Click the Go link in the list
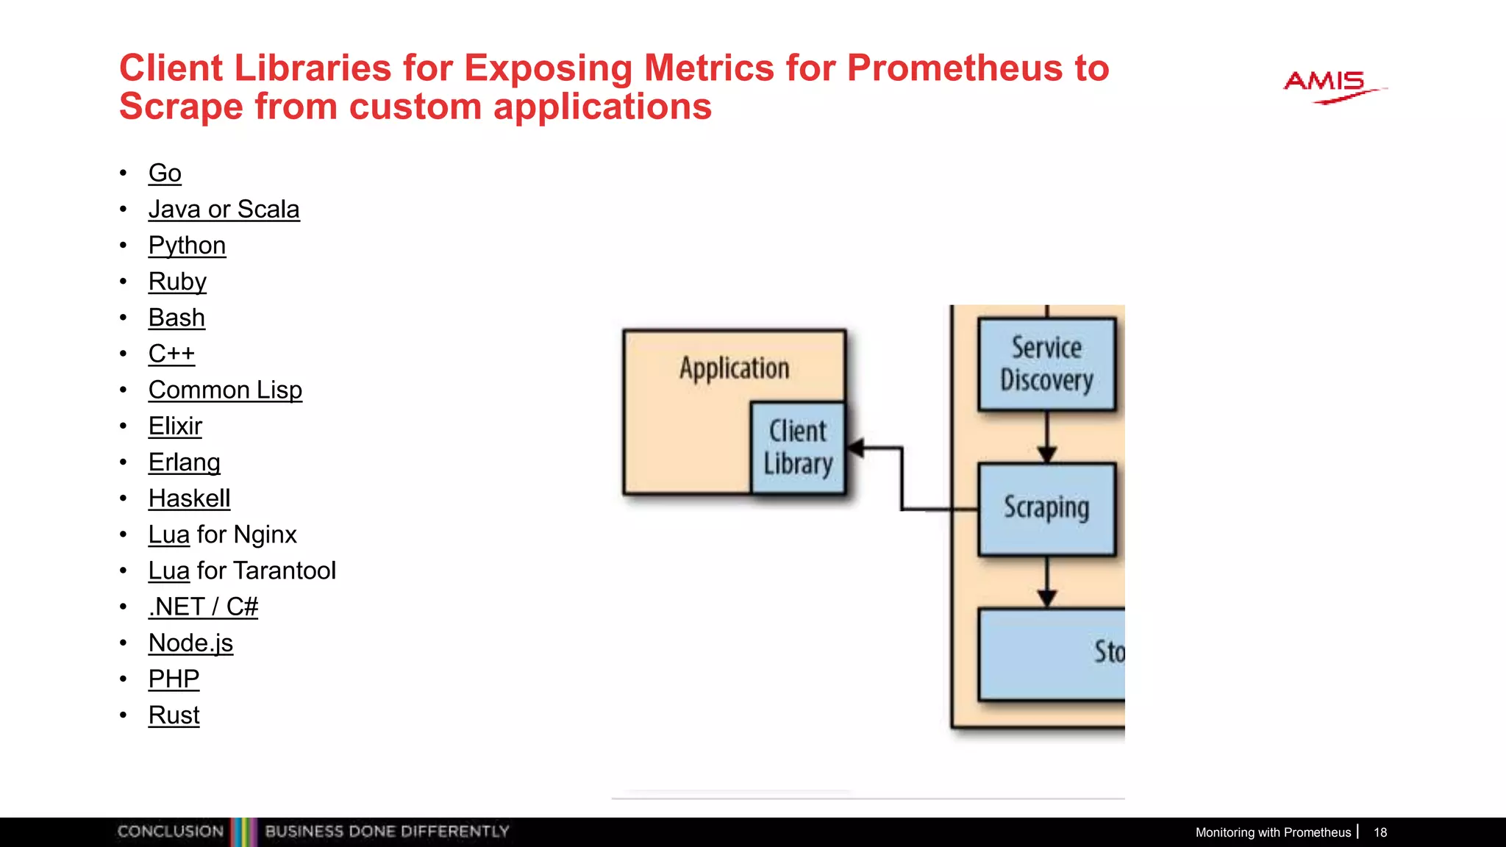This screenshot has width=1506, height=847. [x=165, y=174]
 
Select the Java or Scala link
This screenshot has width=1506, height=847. [x=224, y=210]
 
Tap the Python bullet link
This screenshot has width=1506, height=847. [x=187, y=246]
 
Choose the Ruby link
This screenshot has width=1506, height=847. [x=177, y=282]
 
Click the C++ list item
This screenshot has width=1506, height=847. [x=171, y=354]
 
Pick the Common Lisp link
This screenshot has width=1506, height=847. [x=225, y=390]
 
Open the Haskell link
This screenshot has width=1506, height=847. [x=189, y=498]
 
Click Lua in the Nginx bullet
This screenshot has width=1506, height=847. [x=169, y=535]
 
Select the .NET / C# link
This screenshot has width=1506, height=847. [x=203, y=607]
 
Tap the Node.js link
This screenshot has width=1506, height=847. [x=190, y=643]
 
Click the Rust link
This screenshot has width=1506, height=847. [x=174, y=715]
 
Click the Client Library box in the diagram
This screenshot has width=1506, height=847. [x=798, y=447]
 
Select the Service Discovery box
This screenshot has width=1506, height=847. [x=1046, y=364]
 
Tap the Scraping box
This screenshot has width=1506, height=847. [x=1046, y=508]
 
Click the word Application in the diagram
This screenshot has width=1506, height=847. [x=734, y=368]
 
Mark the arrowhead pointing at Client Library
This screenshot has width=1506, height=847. [x=856, y=447]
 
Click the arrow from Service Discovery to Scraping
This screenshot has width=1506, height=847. [x=1047, y=437]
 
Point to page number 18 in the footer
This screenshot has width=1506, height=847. [x=1380, y=832]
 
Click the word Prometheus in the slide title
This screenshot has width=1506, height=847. [x=954, y=68]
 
